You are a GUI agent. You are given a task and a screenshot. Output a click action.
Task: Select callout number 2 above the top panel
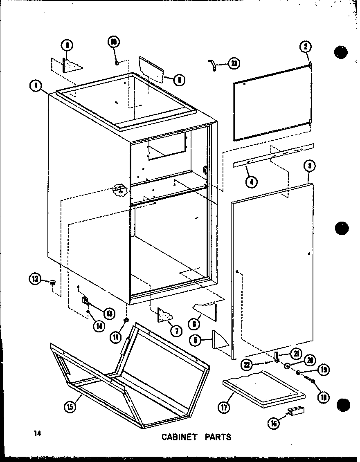[x=305, y=47]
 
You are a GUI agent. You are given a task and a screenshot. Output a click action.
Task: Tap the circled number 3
[x=310, y=166]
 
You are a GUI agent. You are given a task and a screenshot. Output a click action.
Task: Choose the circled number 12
[x=34, y=279]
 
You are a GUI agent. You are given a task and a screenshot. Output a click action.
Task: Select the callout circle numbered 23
[x=234, y=63]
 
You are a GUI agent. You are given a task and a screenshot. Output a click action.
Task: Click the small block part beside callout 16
[x=295, y=410]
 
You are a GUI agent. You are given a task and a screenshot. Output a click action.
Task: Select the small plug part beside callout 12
[x=52, y=282]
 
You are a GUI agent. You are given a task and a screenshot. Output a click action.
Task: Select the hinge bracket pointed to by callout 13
[x=85, y=301]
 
